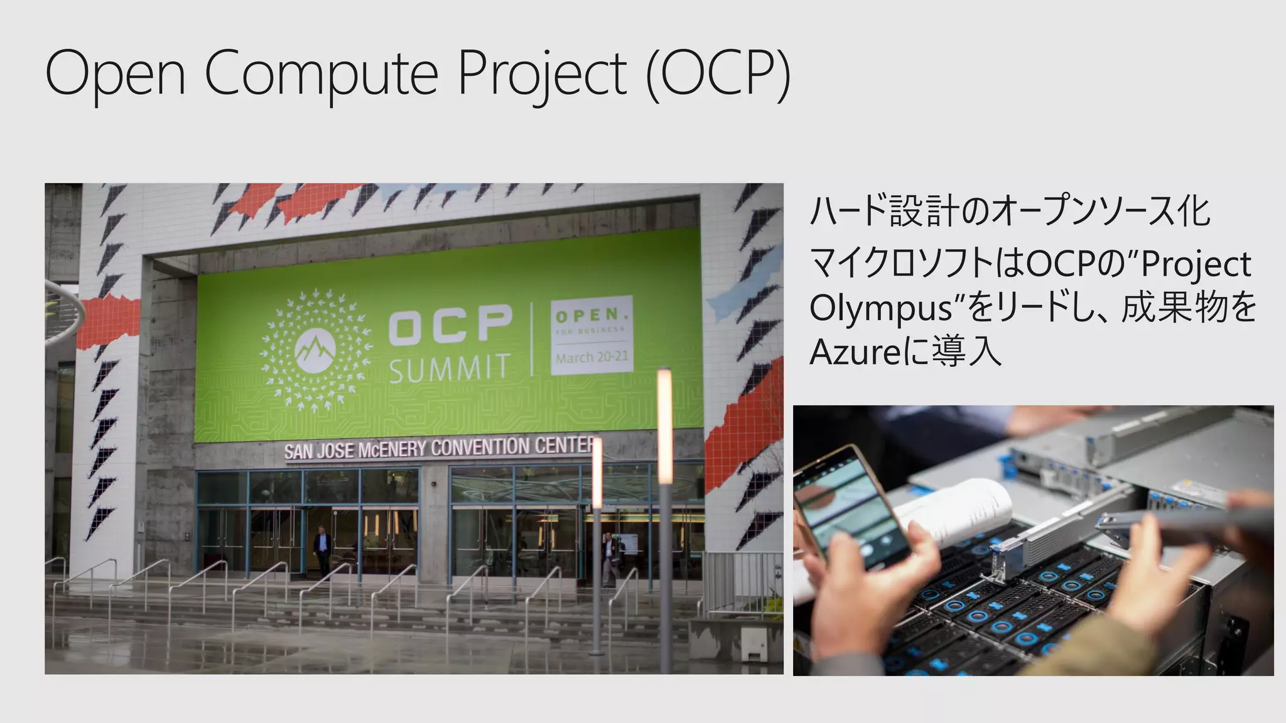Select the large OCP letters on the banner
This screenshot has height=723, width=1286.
(449, 324)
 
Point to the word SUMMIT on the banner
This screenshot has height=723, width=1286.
(448, 368)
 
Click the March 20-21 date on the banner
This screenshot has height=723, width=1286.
(592, 358)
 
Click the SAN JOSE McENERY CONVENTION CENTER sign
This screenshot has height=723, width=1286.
(438, 448)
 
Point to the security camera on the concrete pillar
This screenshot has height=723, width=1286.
(434, 485)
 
